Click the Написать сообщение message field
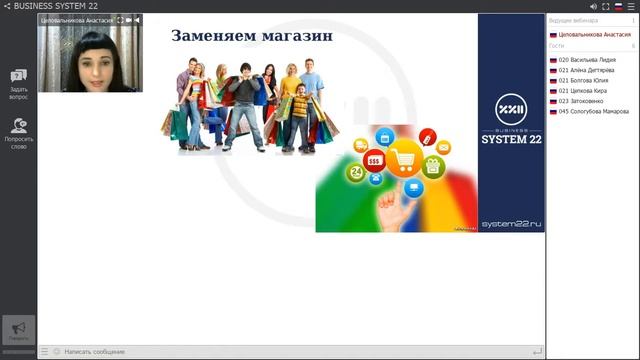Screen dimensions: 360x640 (x=95, y=352)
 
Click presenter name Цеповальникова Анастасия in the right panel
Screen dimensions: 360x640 (x=595, y=34)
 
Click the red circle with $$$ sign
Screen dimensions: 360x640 (x=374, y=160)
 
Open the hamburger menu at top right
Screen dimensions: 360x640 (x=631, y=6)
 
